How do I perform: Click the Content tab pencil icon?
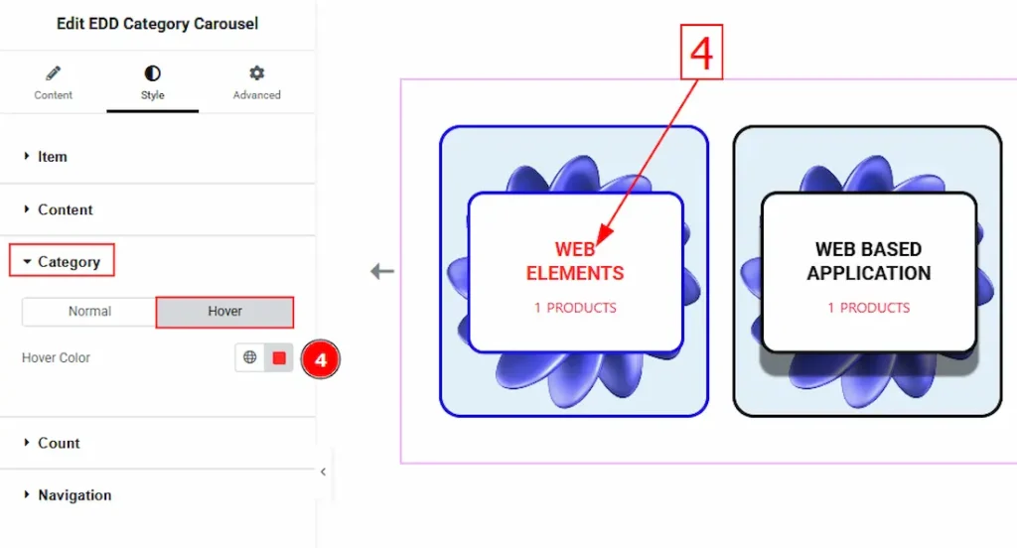click(x=54, y=73)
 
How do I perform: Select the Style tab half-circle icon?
click(x=152, y=73)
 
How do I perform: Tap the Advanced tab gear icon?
click(x=257, y=73)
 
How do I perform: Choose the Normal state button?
click(x=89, y=312)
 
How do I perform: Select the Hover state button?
click(x=224, y=312)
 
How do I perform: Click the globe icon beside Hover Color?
click(x=249, y=357)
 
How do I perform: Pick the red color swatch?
click(x=279, y=358)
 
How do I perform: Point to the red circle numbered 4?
click(x=321, y=359)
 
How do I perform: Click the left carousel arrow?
click(x=382, y=271)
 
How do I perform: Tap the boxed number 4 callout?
click(x=701, y=53)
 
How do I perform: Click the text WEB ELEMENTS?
click(x=575, y=261)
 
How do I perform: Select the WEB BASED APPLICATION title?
click(x=868, y=261)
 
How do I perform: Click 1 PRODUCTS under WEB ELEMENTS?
click(x=575, y=308)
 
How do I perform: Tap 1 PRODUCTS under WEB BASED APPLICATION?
click(x=868, y=308)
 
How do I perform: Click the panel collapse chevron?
click(x=323, y=472)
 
